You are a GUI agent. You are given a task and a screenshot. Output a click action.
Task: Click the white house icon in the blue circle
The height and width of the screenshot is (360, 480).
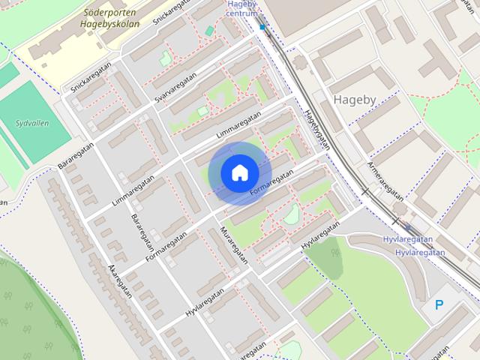(239, 173)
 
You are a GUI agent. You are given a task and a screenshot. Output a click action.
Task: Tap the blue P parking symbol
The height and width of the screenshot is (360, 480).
(439, 305)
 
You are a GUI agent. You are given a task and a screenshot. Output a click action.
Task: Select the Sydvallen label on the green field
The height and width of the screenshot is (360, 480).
(32, 122)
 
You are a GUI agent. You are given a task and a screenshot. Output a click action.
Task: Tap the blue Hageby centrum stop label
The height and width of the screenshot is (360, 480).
(242, 8)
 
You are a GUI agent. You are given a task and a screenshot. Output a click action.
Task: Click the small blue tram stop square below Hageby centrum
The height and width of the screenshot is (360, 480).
(262, 27)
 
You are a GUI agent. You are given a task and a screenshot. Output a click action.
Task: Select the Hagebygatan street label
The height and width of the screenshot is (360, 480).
(316, 130)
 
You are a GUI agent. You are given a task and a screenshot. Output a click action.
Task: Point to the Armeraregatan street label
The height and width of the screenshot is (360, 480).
(385, 181)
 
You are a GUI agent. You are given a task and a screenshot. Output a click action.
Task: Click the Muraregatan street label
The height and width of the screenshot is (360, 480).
(233, 244)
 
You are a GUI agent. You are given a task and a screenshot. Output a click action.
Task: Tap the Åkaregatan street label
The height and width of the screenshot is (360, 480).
(119, 280)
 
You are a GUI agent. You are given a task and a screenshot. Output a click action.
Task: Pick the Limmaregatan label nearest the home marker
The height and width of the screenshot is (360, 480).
(238, 125)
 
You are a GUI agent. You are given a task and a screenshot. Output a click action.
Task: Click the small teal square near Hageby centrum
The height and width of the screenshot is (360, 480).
(209, 31)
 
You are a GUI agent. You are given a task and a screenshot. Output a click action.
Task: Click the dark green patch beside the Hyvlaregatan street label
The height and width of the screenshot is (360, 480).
(324, 255)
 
